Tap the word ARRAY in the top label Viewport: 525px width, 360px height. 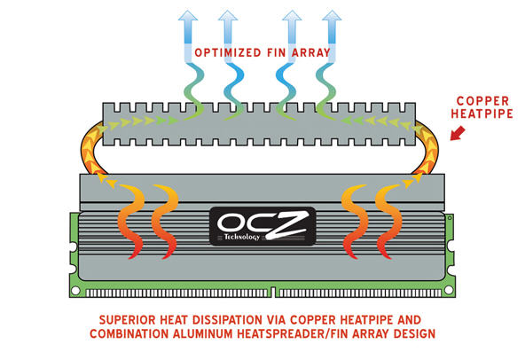click(311, 53)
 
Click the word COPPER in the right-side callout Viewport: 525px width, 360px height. click(482, 101)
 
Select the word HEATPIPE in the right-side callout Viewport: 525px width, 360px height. click(482, 113)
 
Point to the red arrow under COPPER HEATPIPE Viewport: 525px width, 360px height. click(458, 133)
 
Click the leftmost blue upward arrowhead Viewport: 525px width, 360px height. click(188, 16)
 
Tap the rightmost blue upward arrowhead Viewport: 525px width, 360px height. click(332, 16)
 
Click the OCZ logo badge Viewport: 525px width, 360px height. click(262, 226)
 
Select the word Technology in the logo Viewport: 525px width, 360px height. click(242, 237)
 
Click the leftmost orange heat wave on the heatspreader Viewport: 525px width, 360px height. click(131, 222)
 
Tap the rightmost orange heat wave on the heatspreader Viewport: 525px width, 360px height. click(388, 222)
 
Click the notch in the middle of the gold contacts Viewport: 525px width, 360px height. click(273, 292)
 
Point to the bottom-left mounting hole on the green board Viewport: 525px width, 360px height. click(75, 290)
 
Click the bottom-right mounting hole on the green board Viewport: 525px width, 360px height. click(449, 290)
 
